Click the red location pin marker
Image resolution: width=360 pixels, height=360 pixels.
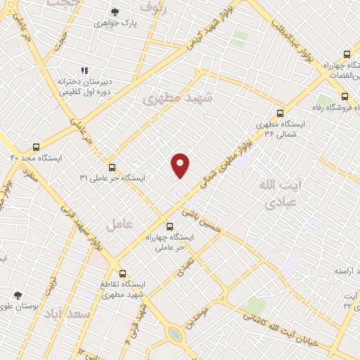pos(181,165)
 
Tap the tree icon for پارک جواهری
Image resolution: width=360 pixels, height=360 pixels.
pos(115,12)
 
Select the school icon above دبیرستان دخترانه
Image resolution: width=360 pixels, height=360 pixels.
pos(84,70)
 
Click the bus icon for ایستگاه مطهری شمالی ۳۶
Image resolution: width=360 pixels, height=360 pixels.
pos(281,112)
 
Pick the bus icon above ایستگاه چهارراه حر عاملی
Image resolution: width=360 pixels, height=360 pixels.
pos(169,226)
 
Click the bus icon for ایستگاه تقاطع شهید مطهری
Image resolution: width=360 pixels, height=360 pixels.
pos(122,273)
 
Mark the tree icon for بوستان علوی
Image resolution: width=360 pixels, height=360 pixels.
pos(18,296)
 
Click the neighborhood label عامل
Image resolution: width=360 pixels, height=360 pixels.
pos(119,225)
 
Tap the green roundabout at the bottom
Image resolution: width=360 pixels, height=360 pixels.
pos(174,335)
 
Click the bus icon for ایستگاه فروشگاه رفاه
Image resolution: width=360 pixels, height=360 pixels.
pos(345,97)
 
